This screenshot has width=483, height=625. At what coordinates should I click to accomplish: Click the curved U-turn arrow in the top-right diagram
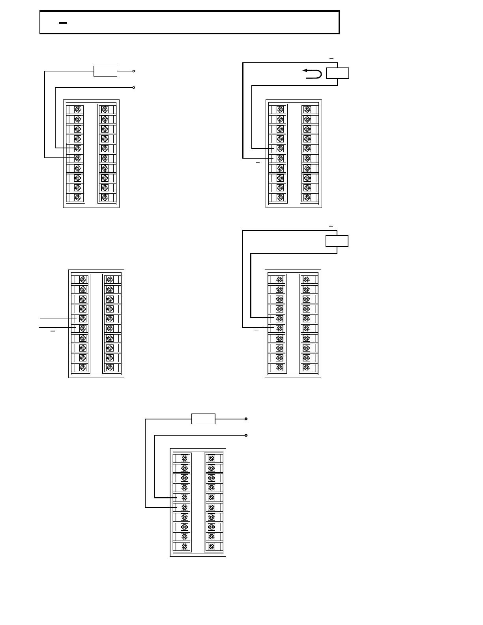click(x=312, y=73)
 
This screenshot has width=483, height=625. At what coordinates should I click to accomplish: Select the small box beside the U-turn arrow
click(x=337, y=73)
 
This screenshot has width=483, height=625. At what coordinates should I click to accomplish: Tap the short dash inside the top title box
click(x=63, y=23)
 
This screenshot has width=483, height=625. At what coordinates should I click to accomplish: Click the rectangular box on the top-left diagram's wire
click(x=105, y=71)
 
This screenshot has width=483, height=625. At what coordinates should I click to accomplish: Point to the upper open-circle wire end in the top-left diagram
click(x=134, y=71)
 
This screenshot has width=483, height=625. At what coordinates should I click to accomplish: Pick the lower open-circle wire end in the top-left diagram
click(x=134, y=87)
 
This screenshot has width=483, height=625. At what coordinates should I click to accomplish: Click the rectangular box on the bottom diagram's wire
click(x=203, y=419)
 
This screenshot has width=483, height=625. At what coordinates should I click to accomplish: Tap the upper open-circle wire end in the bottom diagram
click(x=246, y=419)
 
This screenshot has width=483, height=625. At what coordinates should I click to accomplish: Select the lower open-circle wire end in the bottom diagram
click(x=246, y=435)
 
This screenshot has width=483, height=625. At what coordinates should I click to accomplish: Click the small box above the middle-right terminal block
click(x=337, y=241)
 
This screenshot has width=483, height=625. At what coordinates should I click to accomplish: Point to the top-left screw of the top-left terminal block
click(x=78, y=109)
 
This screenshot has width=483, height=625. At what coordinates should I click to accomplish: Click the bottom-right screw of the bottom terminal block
click(x=212, y=547)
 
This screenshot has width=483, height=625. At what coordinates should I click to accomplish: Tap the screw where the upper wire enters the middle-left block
click(x=83, y=318)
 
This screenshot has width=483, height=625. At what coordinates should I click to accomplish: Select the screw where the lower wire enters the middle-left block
click(x=83, y=328)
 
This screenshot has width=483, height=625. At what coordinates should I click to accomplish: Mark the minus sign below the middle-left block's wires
click(x=52, y=331)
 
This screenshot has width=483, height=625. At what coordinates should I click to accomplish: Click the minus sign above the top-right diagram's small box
click(x=331, y=58)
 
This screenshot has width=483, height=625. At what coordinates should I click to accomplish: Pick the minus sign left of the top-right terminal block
click(x=258, y=162)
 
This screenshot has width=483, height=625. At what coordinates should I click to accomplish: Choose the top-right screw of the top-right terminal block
click(x=307, y=109)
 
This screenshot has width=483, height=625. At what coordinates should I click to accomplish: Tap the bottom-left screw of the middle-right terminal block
click(x=280, y=368)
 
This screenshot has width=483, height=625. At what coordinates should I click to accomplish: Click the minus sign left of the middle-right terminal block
click(x=256, y=331)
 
